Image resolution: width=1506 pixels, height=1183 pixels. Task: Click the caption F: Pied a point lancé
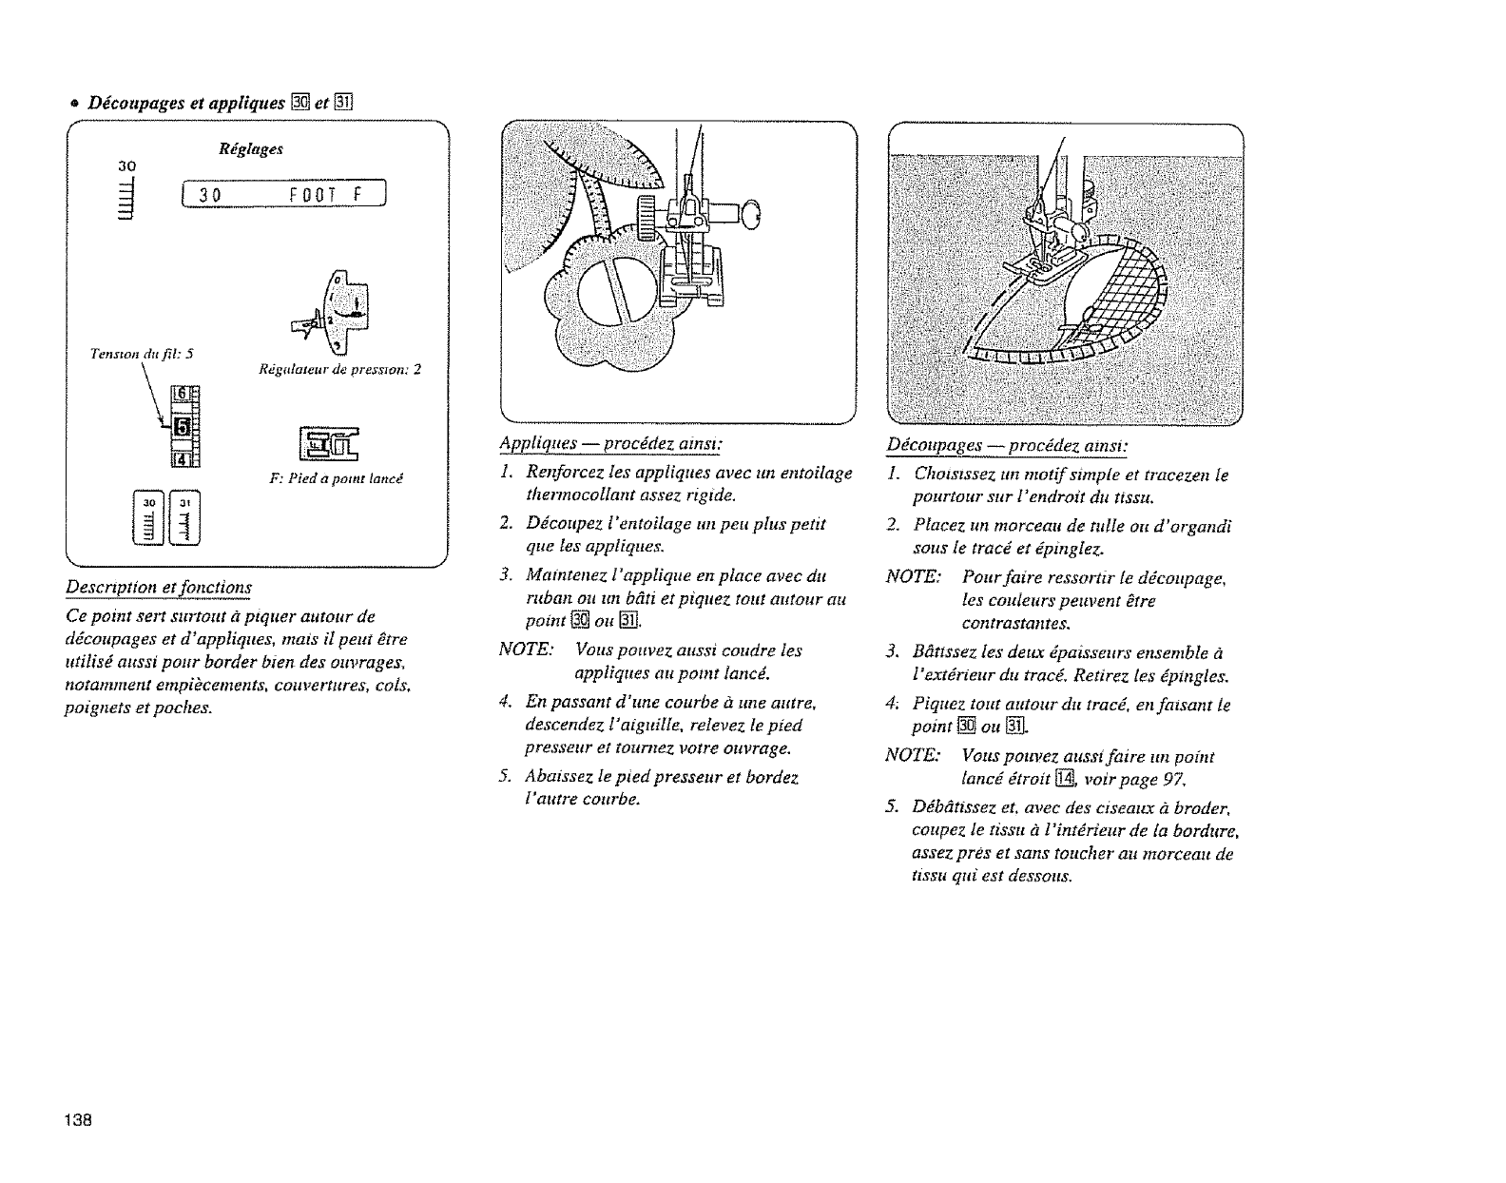338,478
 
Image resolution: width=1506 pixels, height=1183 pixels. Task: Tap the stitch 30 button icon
150,519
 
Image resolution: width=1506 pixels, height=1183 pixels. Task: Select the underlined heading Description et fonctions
158,587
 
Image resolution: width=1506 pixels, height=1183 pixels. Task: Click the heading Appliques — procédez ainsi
611,444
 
